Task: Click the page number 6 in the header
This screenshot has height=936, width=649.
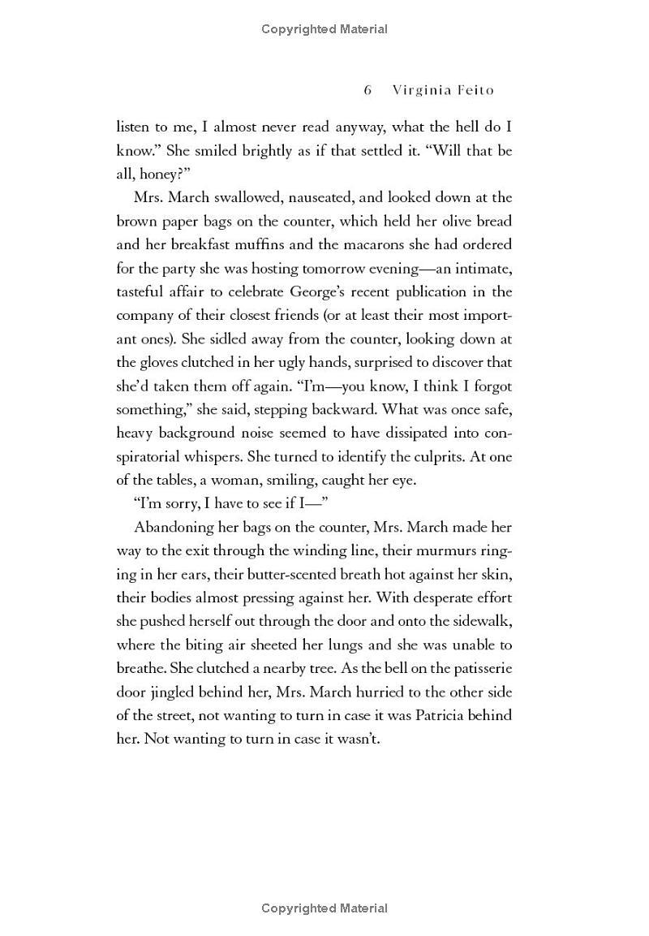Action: (367, 90)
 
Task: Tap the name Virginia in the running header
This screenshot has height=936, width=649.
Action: (421, 90)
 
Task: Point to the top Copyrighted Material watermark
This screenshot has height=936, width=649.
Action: (324, 29)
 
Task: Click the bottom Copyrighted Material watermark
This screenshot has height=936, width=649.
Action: (324, 908)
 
